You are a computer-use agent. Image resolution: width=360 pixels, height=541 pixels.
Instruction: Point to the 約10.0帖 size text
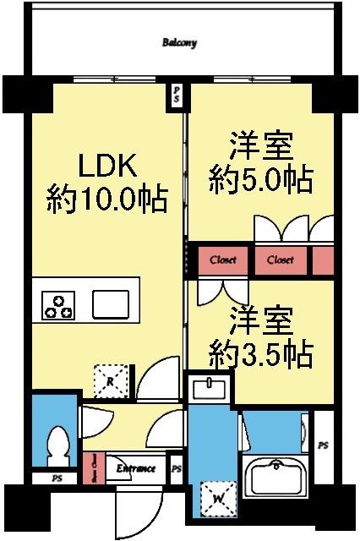[x=104, y=200]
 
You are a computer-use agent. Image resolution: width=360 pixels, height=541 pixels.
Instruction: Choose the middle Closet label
[x=281, y=260]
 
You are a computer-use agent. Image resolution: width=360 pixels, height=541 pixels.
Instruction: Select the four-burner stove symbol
[x=57, y=305]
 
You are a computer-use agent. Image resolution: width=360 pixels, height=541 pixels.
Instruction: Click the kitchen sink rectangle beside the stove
[x=110, y=303]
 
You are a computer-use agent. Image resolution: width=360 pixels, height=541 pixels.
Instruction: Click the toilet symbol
[x=58, y=445]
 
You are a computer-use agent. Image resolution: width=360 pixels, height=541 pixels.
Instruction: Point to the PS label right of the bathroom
[x=323, y=445]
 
